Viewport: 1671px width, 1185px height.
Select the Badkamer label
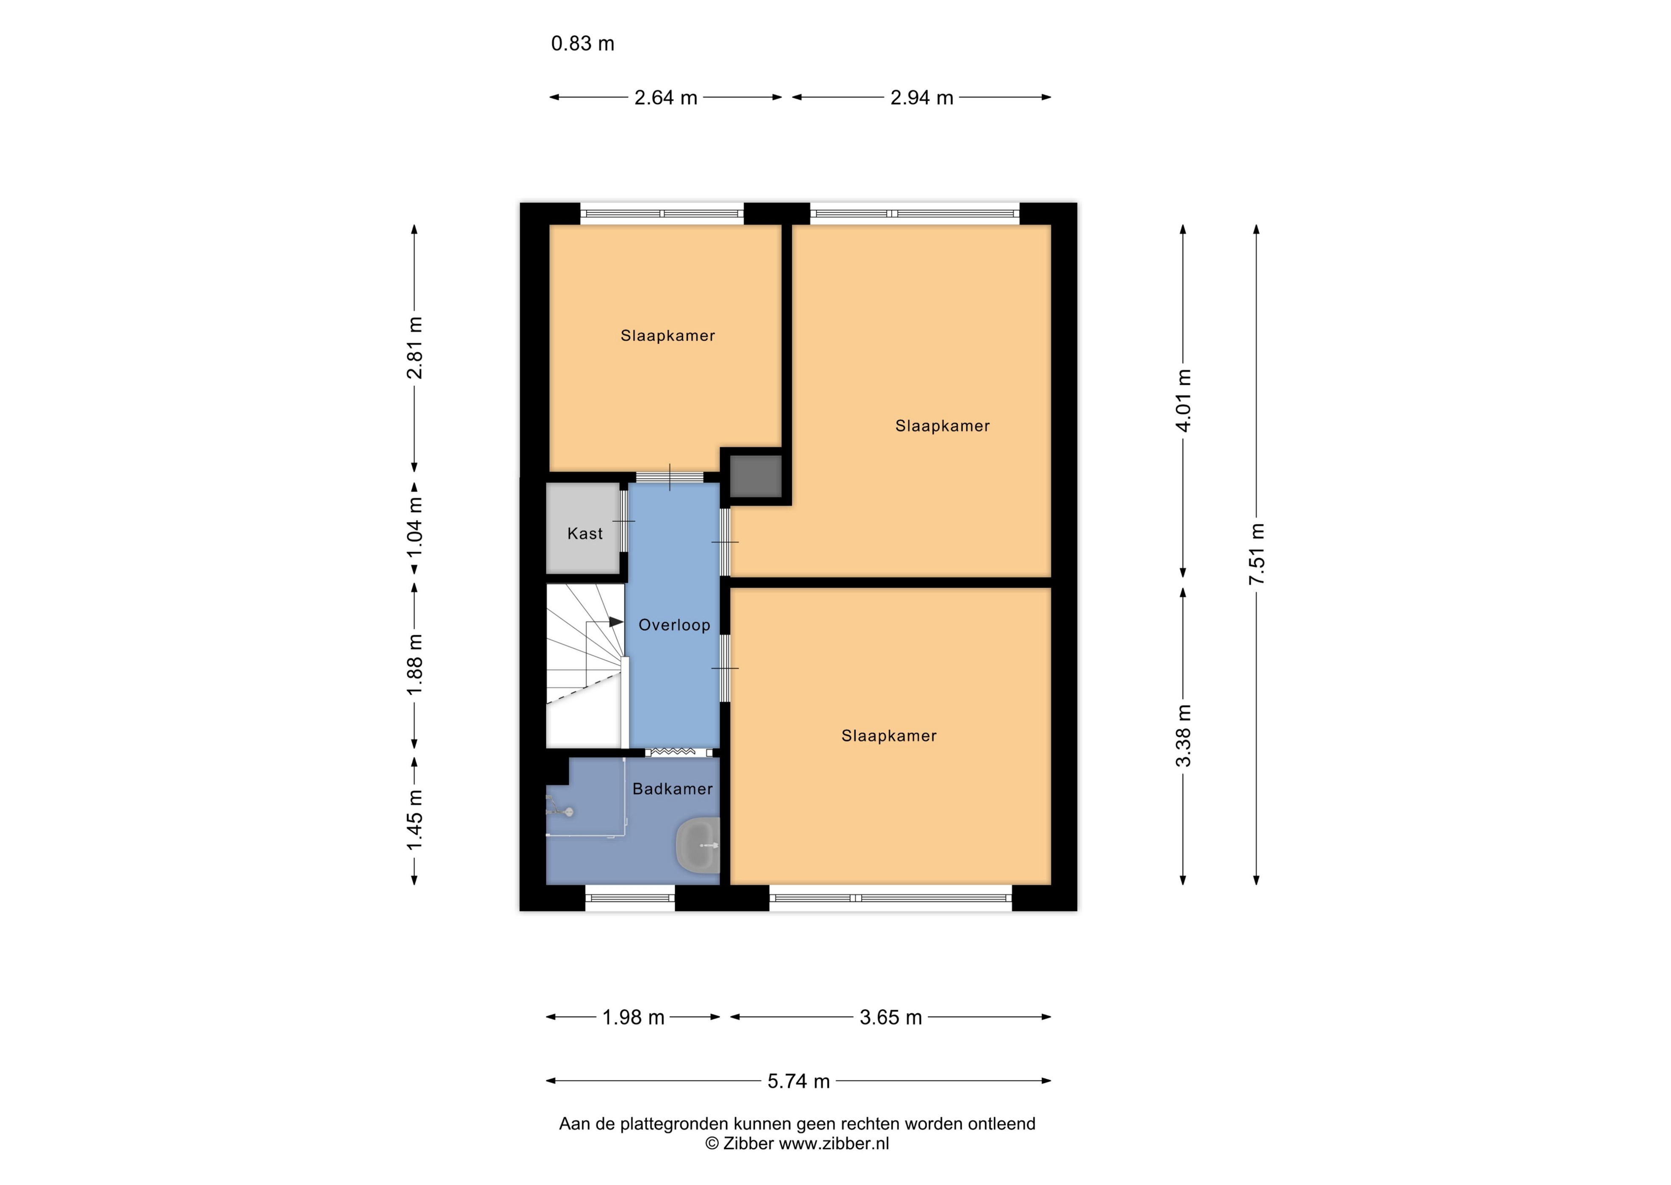click(672, 789)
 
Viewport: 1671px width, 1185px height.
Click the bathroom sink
click(698, 846)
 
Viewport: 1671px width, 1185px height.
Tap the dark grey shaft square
click(756, 477)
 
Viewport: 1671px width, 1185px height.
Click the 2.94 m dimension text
click(921, 98)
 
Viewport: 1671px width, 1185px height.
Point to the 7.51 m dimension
click(1257, 554)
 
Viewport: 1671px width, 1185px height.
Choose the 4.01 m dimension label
click(1183, 401)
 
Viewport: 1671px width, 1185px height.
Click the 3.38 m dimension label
click(1183, 736)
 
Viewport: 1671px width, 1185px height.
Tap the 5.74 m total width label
click(798, 1081)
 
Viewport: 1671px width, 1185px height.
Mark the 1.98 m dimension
click(633, 1017)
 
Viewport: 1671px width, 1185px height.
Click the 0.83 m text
click(582, 44)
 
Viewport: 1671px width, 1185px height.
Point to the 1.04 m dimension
click(414, 527)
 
